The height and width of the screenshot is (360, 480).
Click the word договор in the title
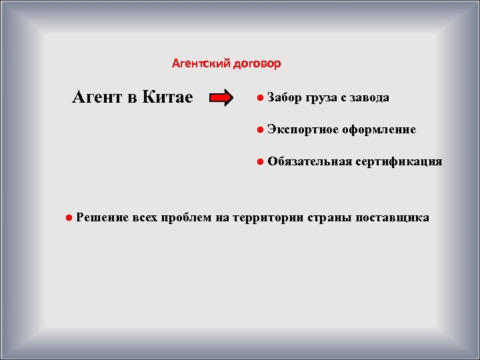click(x=257, y=64)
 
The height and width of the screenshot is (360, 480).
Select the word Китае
click(x=167, y=97)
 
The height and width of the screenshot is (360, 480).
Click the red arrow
click(x=222, y=99)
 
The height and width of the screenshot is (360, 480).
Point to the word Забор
click(x=284, y=98)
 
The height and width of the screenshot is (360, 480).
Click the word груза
click(x=323, y=98)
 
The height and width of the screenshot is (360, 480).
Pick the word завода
click(x=369, y=98)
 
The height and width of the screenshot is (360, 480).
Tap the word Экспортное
click(x=303, y=129)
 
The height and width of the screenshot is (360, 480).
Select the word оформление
click(x=379, y=129)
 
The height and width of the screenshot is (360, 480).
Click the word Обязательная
click(x=309, y=161)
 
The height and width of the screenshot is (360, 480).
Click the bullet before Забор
click(x=259, y=98)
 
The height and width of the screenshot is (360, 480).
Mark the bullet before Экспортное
click(x=259, y=129)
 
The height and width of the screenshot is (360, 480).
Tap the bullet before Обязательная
click(x=259, y=161)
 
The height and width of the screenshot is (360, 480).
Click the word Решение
click(x=102, y=217)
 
